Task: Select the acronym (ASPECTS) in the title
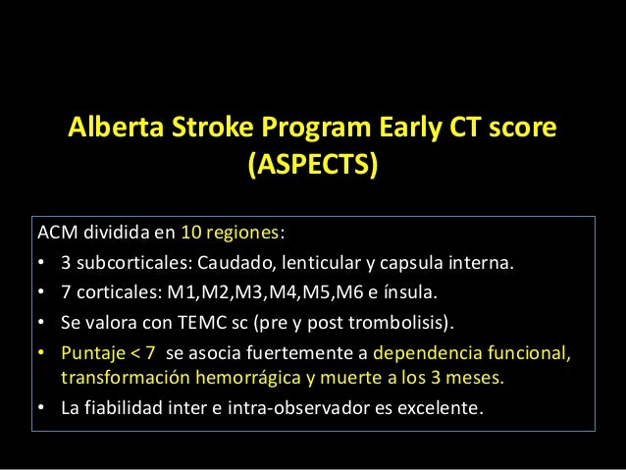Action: (x=312, y=165)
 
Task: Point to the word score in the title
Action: (x=522, y=129)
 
